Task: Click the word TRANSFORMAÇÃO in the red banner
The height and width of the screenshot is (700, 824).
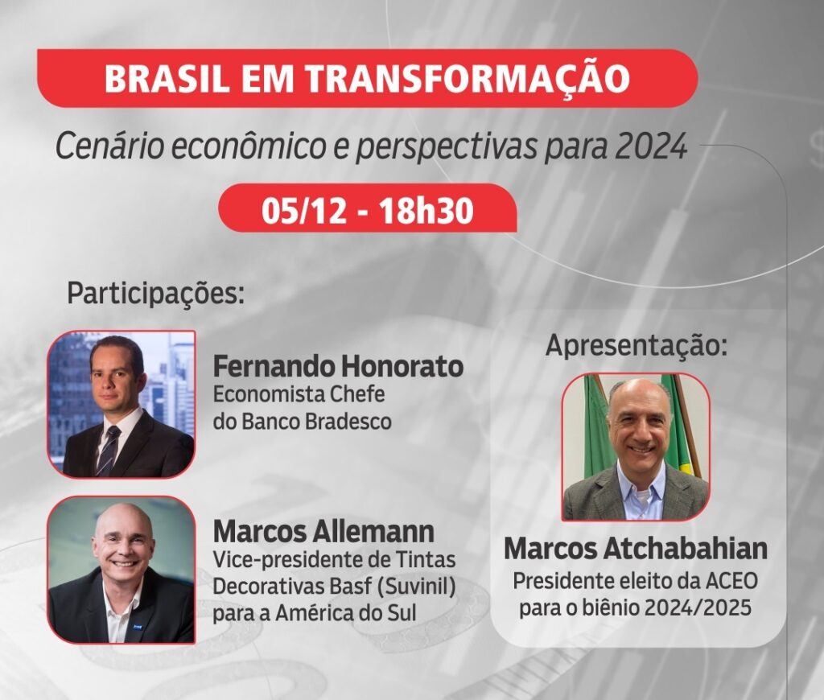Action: click(468, 77)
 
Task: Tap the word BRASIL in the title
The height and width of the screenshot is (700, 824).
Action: click(166, 78)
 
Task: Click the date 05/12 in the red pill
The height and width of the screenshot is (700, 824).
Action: click(304, 210)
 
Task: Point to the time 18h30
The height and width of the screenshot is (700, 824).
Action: click(426, 210)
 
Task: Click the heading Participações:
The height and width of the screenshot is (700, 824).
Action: click(156, 294)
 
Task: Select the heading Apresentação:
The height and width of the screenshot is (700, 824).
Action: click(637, 346)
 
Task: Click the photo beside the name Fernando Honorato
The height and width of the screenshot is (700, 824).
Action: click(122, 404)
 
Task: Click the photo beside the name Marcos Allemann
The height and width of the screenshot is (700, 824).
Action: click(122, 570)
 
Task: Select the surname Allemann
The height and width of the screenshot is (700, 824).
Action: click(373, 531)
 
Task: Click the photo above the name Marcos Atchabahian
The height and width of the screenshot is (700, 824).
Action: click(636, 447)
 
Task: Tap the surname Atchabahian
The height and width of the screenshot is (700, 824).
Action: click(686, 548)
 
